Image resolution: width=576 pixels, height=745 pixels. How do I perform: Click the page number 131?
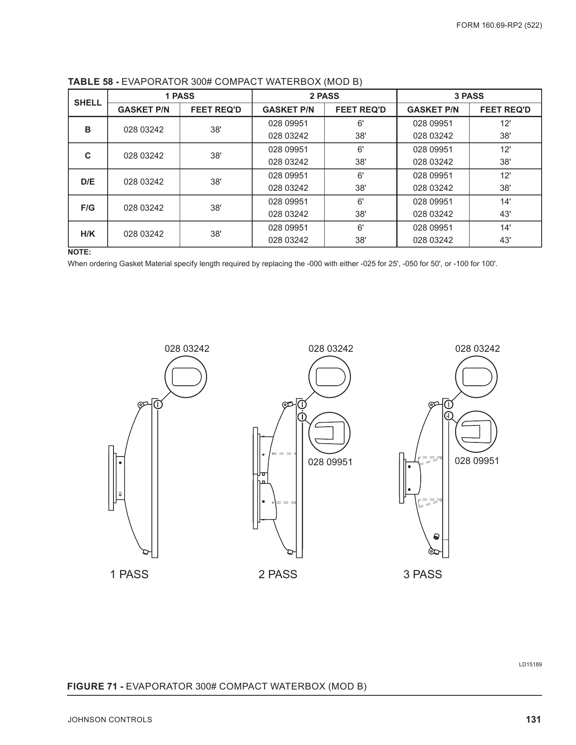point(533,719)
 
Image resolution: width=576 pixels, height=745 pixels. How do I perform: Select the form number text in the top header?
point(499,25)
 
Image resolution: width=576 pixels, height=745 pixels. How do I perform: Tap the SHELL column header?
point(87,103)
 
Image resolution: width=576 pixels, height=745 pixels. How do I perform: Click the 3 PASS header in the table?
point(469,96)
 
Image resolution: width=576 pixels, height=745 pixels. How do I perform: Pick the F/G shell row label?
point(87,208)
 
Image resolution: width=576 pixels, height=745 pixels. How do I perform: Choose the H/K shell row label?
point(87,234)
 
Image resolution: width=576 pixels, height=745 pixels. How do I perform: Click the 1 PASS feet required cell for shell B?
point(216,130)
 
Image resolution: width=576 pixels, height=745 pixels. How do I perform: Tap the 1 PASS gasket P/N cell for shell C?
point(144,156)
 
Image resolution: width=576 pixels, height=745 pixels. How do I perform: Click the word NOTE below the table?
point(79,252)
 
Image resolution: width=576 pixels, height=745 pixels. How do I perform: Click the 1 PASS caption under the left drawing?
point(129,574)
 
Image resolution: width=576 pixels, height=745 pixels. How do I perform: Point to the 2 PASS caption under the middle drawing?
point(278,574)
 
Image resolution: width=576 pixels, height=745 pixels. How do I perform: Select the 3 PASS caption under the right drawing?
point(423,574)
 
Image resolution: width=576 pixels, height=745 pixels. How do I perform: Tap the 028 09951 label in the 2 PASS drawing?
point(330,462)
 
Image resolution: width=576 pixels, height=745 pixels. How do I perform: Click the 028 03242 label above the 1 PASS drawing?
point(187,348)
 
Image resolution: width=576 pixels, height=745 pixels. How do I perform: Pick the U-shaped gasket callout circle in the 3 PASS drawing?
point(476,431)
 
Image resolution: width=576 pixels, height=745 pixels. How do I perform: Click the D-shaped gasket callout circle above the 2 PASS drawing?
point(330,377)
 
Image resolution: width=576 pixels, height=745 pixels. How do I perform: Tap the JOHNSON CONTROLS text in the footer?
point(110,720)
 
